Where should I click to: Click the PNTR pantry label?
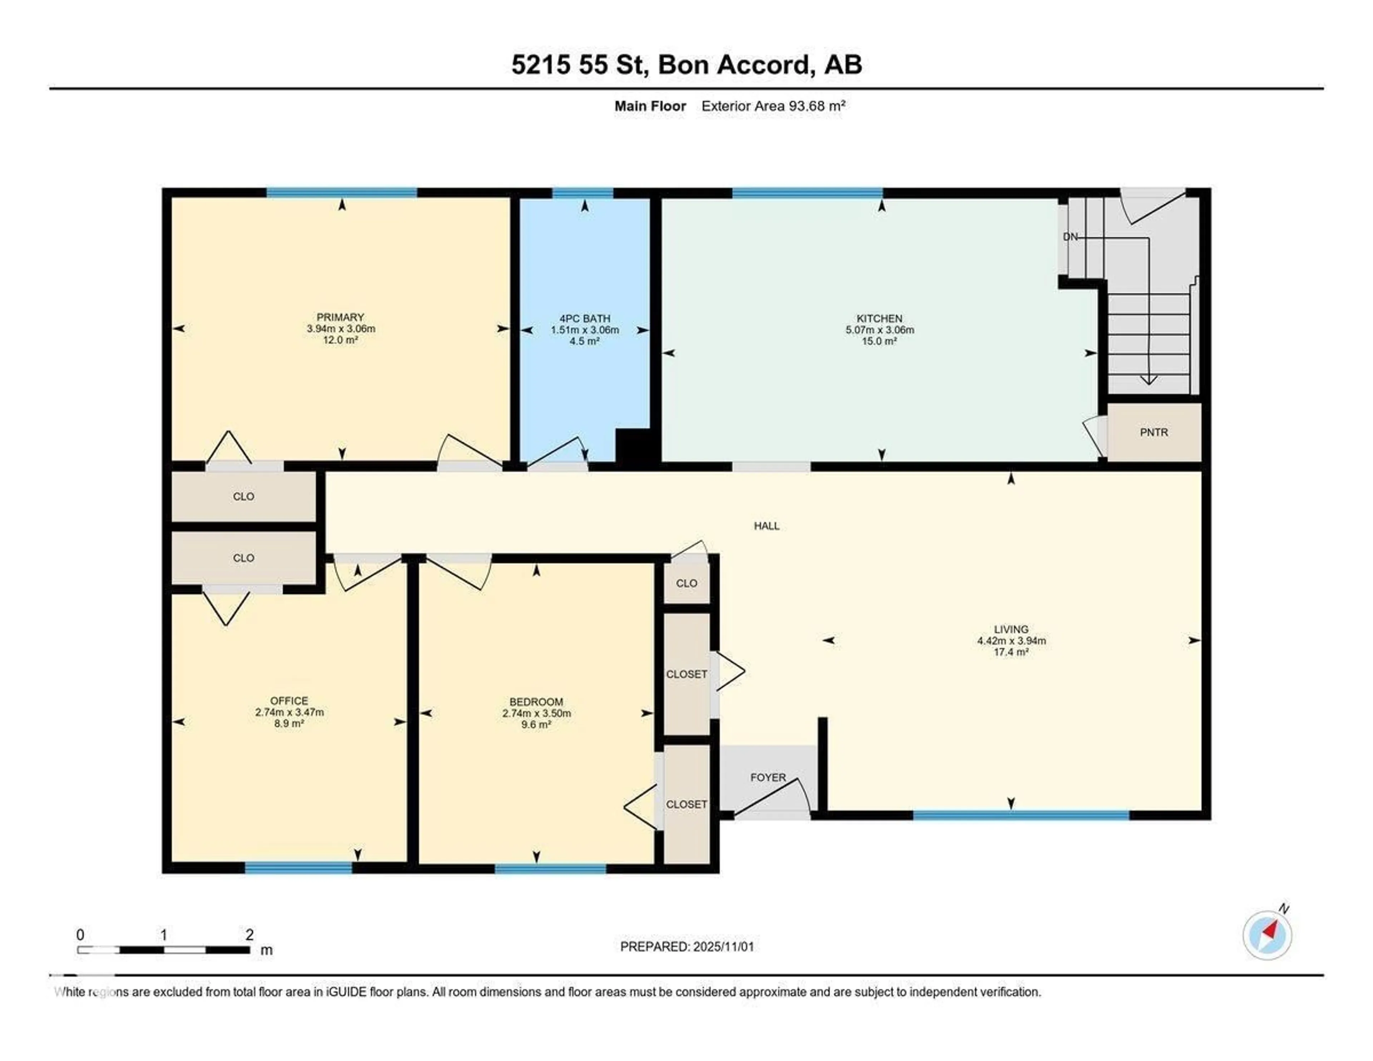click(1153, 432)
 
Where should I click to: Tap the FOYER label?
click(768, 777)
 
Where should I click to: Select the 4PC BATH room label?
click(585, 318)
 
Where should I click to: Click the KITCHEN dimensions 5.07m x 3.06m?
click(880, 329)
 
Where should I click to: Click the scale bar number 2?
click(250, 935)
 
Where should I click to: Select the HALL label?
click(766, 526)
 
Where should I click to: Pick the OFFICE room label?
click(289, 701)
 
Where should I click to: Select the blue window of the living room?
click(1020, 815)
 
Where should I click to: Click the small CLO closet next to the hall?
click(686, 583)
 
